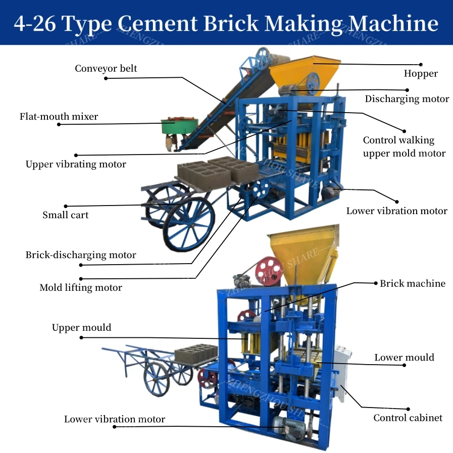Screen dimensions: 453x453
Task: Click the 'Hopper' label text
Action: (420, 74)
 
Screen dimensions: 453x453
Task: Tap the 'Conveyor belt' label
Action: (106, 68)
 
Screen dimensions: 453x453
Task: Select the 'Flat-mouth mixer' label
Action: (59, 117)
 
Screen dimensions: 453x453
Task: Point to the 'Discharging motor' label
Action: (407, 99)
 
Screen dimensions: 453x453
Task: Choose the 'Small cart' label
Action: (65, 215)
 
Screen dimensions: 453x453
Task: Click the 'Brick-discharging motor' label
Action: (81, 255)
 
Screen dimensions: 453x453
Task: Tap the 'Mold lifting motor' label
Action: (81, 288)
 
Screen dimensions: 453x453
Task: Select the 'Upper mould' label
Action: (81, 328)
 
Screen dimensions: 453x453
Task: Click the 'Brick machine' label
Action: (412, 283)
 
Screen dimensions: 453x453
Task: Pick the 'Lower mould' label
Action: (404, 358)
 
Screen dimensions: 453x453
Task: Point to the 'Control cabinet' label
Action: (408, 418)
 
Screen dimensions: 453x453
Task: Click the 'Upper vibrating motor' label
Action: (76, 164)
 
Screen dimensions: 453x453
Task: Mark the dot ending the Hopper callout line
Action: (421, 65)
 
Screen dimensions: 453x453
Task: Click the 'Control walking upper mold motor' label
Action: (404, 146)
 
